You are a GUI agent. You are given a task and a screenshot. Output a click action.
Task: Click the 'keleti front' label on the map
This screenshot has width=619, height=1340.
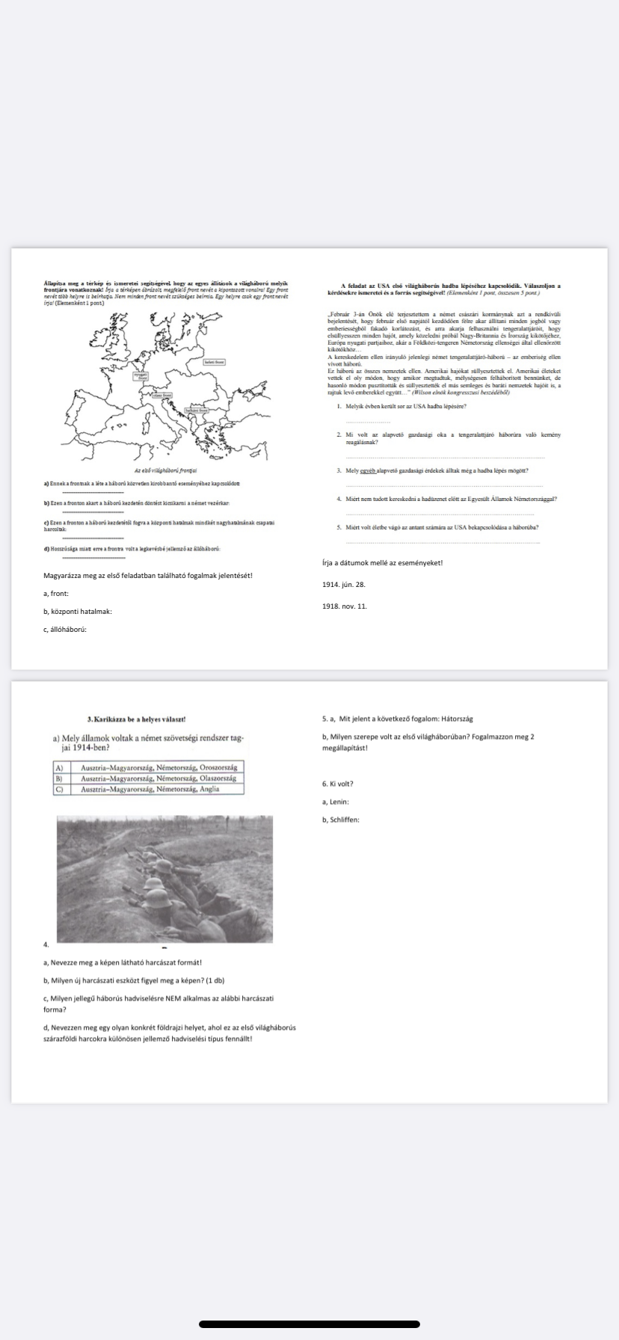(x=215, y=362)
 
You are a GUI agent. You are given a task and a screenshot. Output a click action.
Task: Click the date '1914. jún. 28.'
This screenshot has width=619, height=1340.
(x=344, y=584)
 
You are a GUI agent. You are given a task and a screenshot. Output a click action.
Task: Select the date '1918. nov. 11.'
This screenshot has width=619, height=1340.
(x=345, y=606)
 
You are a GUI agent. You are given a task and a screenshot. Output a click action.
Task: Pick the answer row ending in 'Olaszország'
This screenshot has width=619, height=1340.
(x=158, y=778)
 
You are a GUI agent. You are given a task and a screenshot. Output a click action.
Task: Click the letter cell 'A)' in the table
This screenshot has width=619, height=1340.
(x=58, y=768)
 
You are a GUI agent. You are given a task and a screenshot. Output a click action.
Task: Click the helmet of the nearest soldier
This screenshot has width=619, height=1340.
(x=154, y=884)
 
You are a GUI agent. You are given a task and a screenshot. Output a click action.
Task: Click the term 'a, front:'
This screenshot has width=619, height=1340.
(x=55, y=594)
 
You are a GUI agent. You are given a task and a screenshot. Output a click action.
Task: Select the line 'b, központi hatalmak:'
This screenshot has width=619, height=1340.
(x=78, y=612)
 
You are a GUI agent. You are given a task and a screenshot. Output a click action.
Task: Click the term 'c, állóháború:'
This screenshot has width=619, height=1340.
(x=65, y=630)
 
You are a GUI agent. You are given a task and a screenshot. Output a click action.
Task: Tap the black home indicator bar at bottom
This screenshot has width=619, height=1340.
(x=309, y=1324)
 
